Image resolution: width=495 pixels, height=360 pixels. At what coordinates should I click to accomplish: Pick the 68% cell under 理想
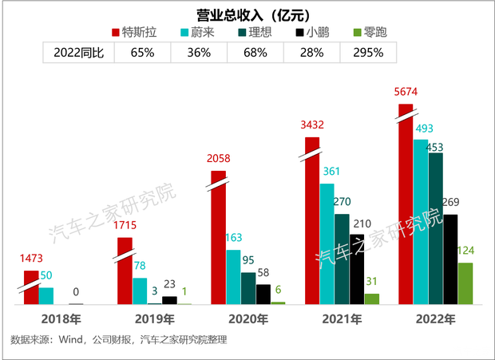click(x=255, y=53)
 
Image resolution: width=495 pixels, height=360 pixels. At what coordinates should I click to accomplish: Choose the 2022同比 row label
click(x=77, y=53)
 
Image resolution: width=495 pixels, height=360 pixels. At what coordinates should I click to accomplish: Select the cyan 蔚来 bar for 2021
click(x=327, y=243)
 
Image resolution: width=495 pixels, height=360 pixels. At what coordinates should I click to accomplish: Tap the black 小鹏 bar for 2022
click(x=451, y=259)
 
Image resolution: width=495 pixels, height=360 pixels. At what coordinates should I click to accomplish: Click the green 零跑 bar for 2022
click(x=465, y=283)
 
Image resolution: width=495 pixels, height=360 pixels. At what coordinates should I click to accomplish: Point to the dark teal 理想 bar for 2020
click(x=248, y=288)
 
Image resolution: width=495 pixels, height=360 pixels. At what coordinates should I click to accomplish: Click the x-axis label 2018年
click(x=61, y=319)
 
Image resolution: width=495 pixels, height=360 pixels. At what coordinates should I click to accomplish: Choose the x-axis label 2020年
click(x=248, y=319)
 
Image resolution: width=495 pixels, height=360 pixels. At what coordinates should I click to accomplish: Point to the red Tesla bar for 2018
click(x=31, y=287)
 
